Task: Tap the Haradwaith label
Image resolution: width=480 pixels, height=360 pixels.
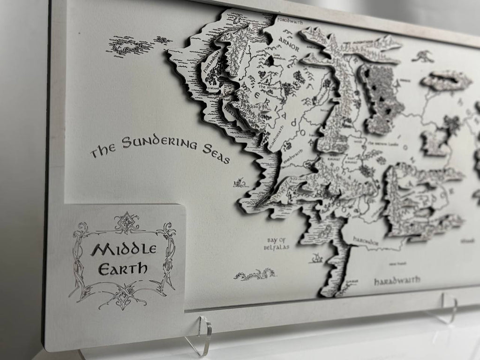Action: (x=397, y=280)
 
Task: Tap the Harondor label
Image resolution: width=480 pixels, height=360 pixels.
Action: (x=366, y=241)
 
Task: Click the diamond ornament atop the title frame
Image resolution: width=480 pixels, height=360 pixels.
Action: (x=125, y=222)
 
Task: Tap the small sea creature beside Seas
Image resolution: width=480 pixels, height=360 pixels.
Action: (x=240, y=181)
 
